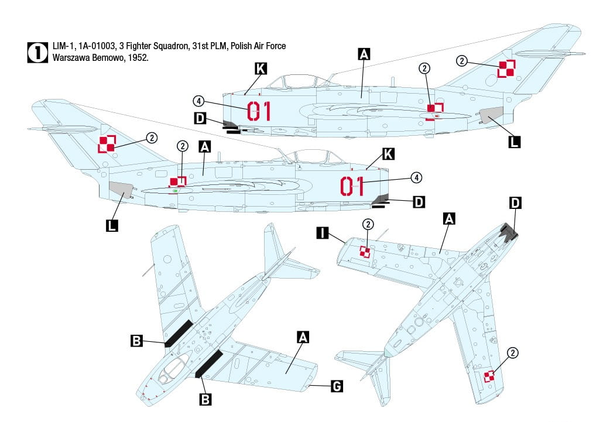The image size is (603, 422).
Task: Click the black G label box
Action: point(337,386)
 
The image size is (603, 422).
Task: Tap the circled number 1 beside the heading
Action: point(37,52)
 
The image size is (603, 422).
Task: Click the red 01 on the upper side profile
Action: point(259,111)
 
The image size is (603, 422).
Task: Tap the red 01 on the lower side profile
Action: point(352,186)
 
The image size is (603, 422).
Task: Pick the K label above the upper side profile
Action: point(261,69)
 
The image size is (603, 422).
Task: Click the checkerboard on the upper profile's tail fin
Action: point(506,69)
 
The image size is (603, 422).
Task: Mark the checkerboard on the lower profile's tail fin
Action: point(107,143)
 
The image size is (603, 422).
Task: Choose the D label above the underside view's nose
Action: point(515,203)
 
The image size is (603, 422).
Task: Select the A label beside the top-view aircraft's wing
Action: point(303,337)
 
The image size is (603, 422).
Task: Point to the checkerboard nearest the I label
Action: point(365,252)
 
